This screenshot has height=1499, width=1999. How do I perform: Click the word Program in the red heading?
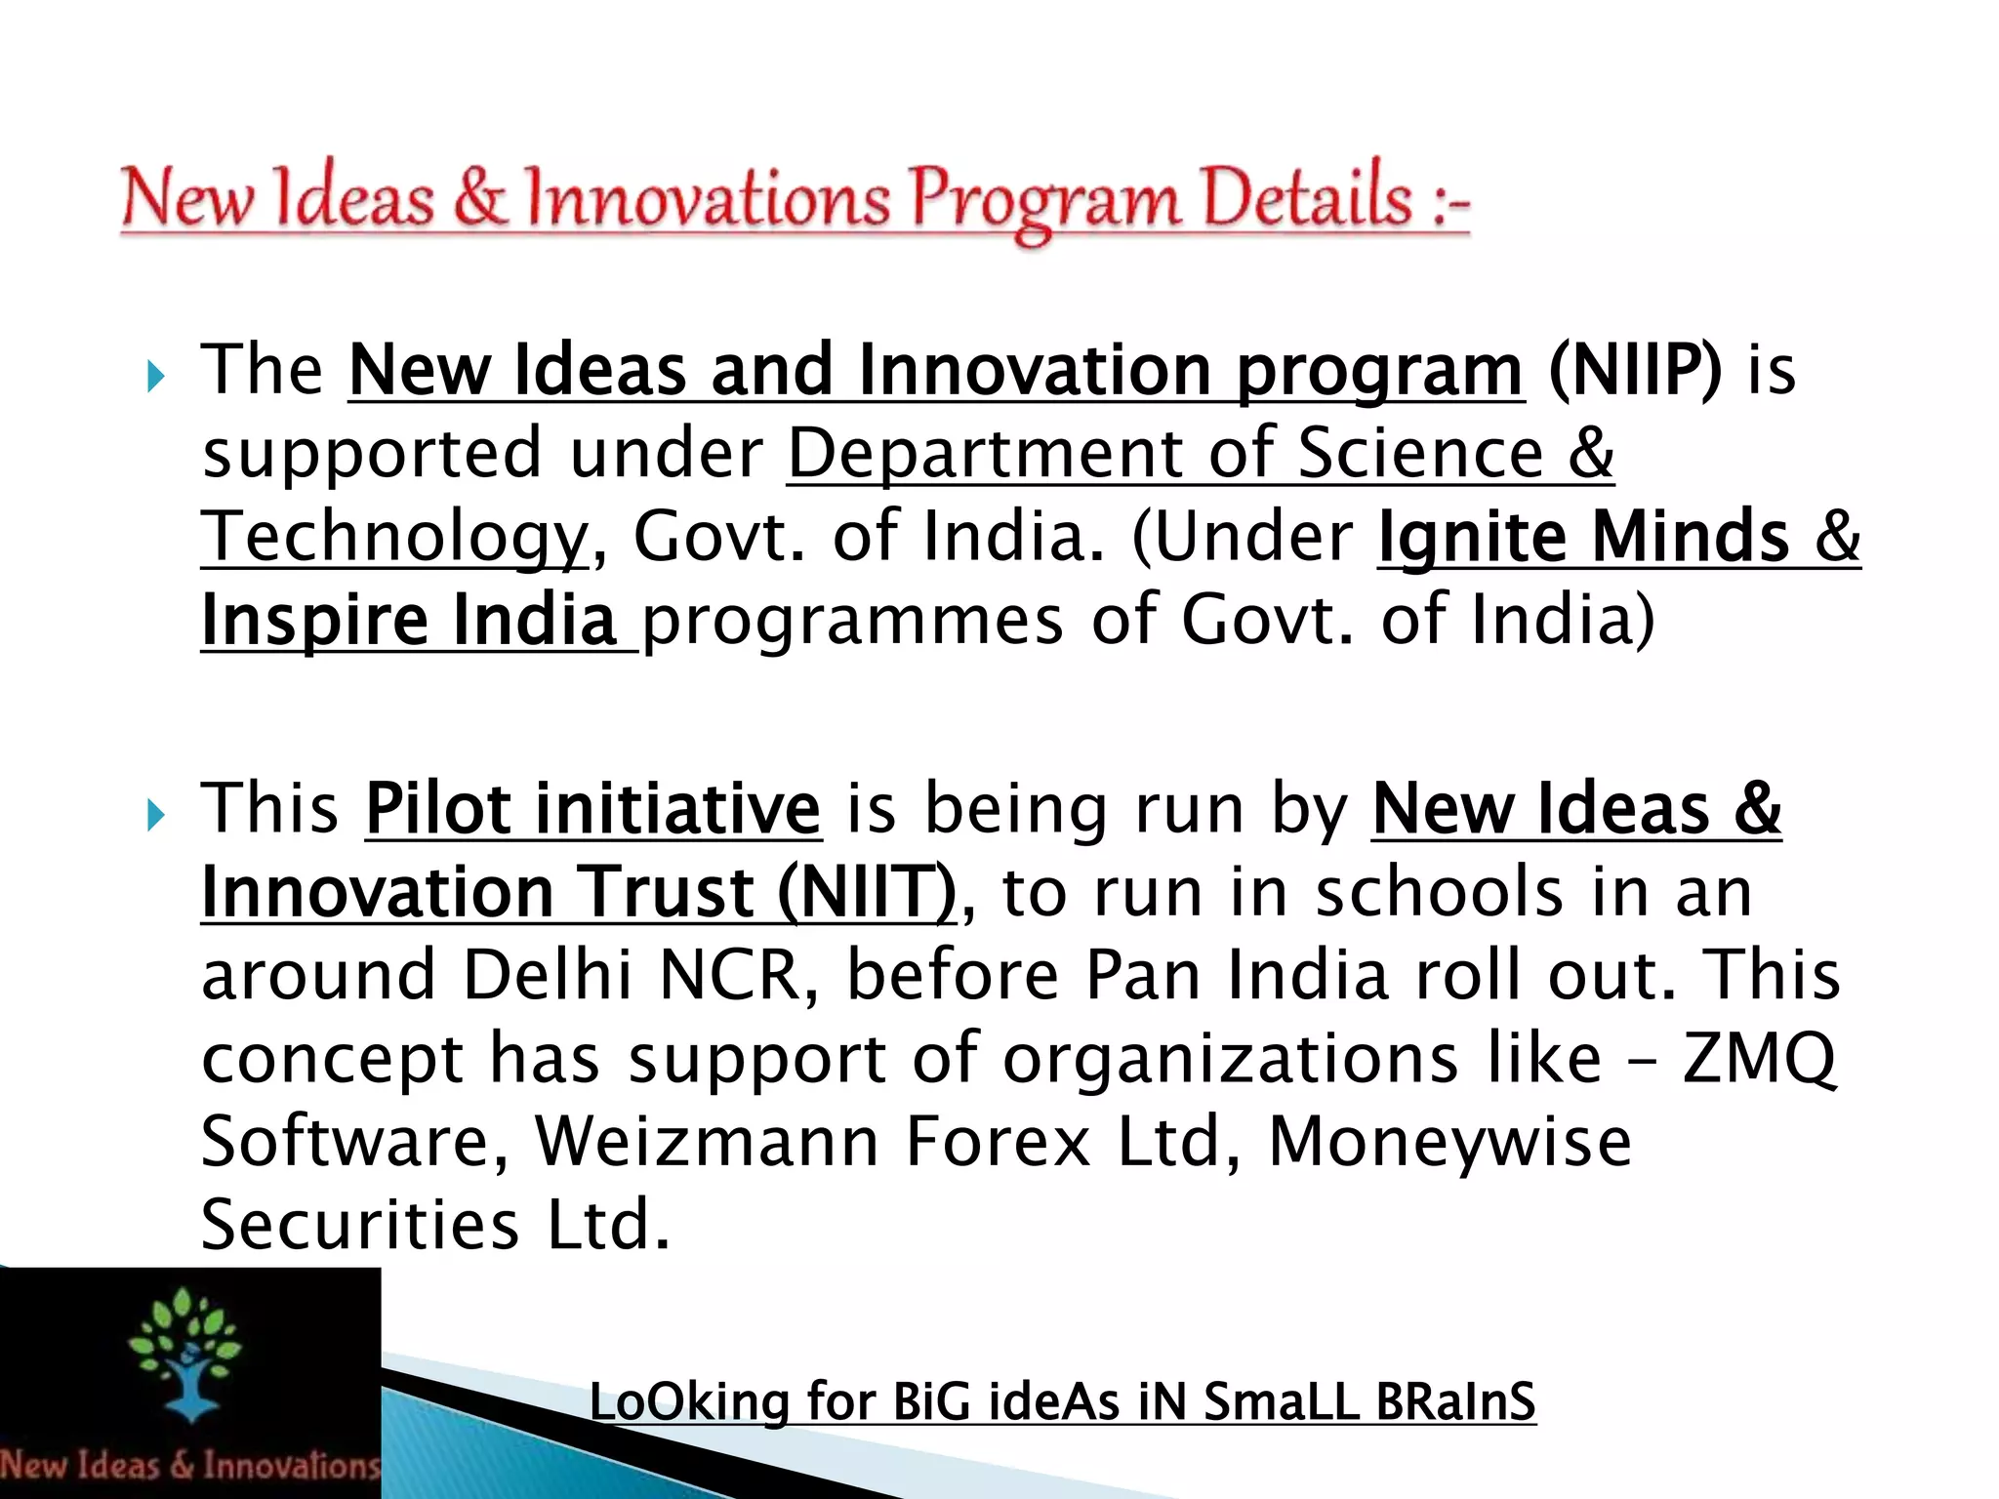pos(1044,200)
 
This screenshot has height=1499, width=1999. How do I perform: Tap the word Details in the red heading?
pos(1307,198)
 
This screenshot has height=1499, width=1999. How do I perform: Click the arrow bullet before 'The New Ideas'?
pos(155,375)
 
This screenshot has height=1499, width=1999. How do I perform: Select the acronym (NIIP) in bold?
pos(1635,371)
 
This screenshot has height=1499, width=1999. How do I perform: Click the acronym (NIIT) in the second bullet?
pos(868,893)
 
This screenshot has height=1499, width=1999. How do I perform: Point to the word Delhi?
pos(548,975)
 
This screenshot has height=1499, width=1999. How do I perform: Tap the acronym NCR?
pos(731,975)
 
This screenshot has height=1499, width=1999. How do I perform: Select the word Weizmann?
pos(707,1142)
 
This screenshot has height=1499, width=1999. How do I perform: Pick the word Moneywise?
pos(1449,1142)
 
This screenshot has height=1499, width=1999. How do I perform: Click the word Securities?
pos(360,1225)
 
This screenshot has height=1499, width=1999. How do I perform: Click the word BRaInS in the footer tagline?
pos(1455,1401)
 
